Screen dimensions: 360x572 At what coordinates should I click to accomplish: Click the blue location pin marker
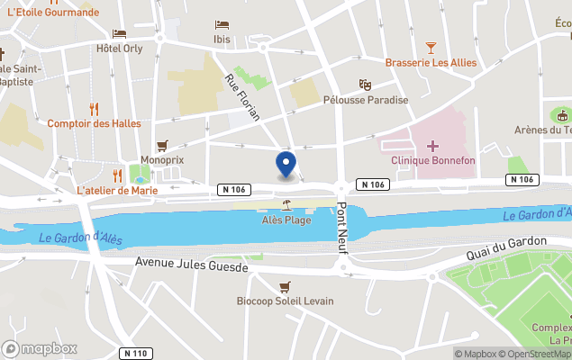286,165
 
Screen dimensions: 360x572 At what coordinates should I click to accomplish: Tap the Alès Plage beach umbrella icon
286,204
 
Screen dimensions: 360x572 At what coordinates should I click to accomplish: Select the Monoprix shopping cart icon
162,145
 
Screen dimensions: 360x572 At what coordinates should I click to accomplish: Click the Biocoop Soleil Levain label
285,301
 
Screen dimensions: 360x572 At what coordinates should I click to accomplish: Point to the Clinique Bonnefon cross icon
433,146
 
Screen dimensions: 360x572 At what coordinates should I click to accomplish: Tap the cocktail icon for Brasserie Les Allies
431,47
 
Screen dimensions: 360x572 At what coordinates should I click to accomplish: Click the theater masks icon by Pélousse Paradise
365,85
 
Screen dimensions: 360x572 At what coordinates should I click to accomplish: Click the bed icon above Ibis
222,24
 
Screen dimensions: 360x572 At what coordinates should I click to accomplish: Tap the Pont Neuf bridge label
342,228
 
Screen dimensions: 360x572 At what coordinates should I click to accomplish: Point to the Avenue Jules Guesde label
191,263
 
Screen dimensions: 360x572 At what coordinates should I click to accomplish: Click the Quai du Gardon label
506,247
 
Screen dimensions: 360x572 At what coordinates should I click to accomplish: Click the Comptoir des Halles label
94,123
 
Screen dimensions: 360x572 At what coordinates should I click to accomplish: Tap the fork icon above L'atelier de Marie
116,175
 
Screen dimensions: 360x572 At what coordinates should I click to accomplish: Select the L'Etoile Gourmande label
52,12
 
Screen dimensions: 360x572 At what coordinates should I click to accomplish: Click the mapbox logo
40,348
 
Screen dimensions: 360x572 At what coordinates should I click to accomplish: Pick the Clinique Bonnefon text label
433,160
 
